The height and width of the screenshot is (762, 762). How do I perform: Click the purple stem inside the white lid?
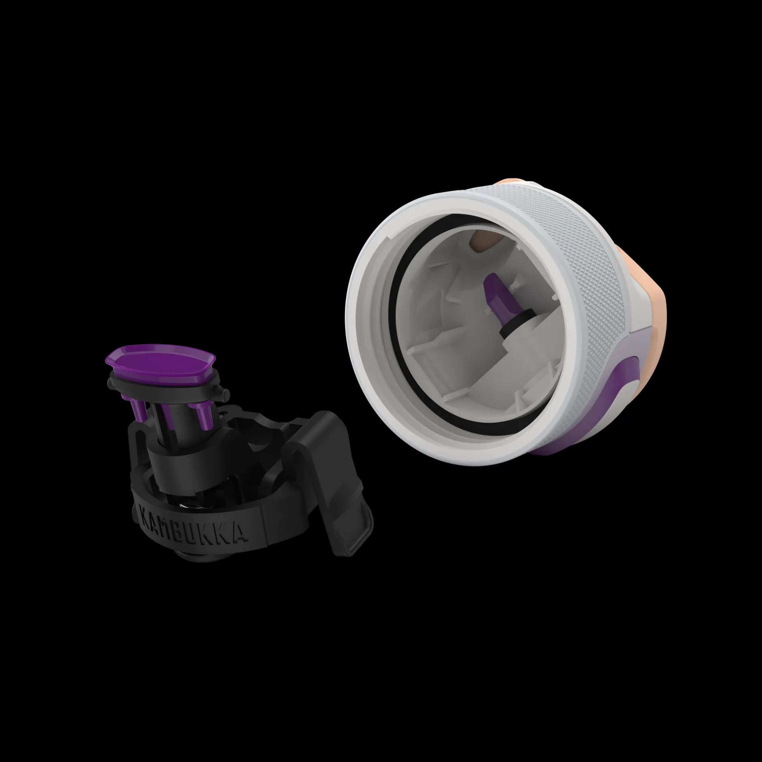497,296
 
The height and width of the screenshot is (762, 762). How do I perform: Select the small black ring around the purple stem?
512,322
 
